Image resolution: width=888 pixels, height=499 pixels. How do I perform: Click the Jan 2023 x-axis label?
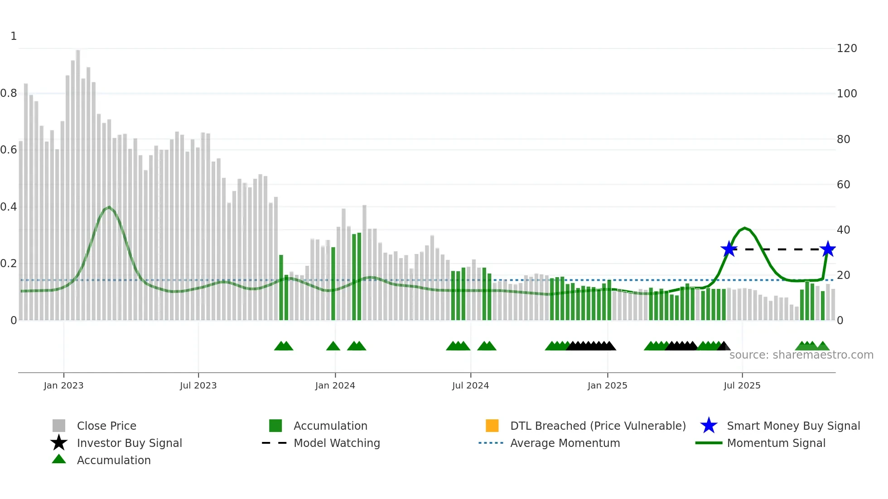pyautogui.click(x=63, y=385)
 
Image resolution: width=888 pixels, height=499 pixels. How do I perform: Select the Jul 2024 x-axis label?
pyautogui.click(x=470, y=385)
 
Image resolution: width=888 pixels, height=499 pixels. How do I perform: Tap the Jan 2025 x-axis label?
pyautogui.click(x=607, y=385)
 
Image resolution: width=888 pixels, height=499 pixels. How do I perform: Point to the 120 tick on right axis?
pyautogui.click(x=847, y=48)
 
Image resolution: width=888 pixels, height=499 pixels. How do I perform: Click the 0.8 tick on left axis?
pyautogui.click(x=9, y=93)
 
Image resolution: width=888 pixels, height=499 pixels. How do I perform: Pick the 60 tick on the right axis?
pyautogui.click(x=843, y=184)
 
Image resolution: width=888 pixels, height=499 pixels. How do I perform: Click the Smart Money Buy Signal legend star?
pyautogui.click(x=709, y=426)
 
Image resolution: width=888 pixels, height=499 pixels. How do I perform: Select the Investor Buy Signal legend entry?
pyautogui.click(x=129, y=443)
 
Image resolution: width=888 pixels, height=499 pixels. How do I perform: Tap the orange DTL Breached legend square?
pyautogui.click(x=492, y=426)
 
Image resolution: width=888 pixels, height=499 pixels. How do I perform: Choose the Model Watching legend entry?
pyautogui.click(x=337, y=443)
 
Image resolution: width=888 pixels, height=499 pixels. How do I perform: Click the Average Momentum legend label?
pyautogui.click(x=565, y=443)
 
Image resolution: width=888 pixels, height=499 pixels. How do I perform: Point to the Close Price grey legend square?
pyautogui.click(x=59, y=426)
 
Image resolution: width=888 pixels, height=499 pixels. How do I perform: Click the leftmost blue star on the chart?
pyautogui.click(x=729, y=249)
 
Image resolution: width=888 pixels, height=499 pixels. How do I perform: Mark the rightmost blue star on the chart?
pyautogui.click(x=828, y=249)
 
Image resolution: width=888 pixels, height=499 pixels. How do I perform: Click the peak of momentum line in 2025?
pyautogui.click(x=744, y=228)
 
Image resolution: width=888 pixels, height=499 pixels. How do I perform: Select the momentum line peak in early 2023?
pyautogui.click(x=109, y=207)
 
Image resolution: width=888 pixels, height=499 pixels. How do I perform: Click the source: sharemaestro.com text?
pyautogui.click(x=801, y=355)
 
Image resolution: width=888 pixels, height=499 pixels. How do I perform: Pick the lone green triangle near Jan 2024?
pyautogui.click(x=333, y=346)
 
